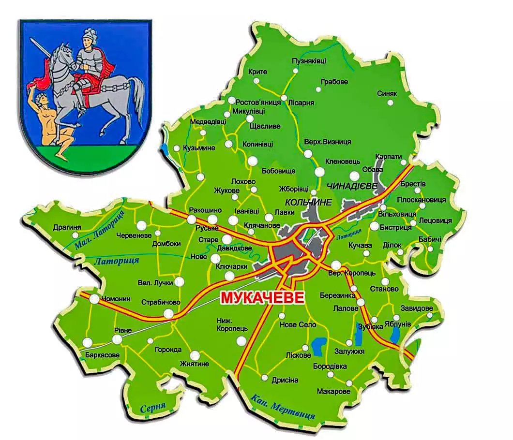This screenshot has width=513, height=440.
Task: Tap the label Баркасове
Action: tap(102, 355)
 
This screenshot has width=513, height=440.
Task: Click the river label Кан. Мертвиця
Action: tap(283, 407)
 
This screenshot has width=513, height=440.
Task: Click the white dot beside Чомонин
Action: tap(94, 299)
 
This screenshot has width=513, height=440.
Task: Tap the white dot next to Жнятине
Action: tap(195, 355)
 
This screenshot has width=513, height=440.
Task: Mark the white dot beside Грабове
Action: tap(318, 89)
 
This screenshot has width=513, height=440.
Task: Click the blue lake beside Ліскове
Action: tap(318, 346)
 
